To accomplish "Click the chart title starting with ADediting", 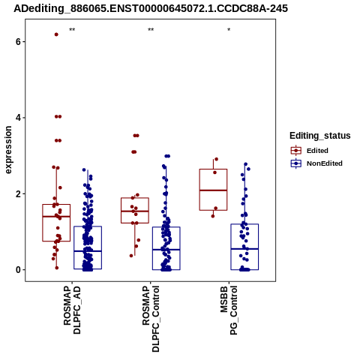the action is pos(151,8).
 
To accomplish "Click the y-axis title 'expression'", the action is pos(8,150).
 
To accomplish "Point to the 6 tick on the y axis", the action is pos(18,41).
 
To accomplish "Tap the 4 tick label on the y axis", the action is pos(18,118).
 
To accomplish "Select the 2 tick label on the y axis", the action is pos(18,193).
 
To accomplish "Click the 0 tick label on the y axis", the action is pos(18,270).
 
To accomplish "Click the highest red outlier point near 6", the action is pos(56,34).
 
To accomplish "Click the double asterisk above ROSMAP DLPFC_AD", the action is pos(72,30).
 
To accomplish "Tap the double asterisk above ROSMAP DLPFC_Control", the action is pos(151,30).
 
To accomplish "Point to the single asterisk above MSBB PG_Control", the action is pos(229,30).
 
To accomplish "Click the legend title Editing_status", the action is pos(320,136).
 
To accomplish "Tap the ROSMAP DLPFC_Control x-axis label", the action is pos(151,319).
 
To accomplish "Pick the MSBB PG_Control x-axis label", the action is pos(229,310).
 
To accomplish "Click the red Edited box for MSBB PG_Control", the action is pos(213,169).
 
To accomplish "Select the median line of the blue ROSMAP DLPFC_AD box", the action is pos(88,251).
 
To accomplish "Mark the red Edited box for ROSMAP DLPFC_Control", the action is pos(135,198).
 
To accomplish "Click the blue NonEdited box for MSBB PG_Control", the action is pos(244,224).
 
